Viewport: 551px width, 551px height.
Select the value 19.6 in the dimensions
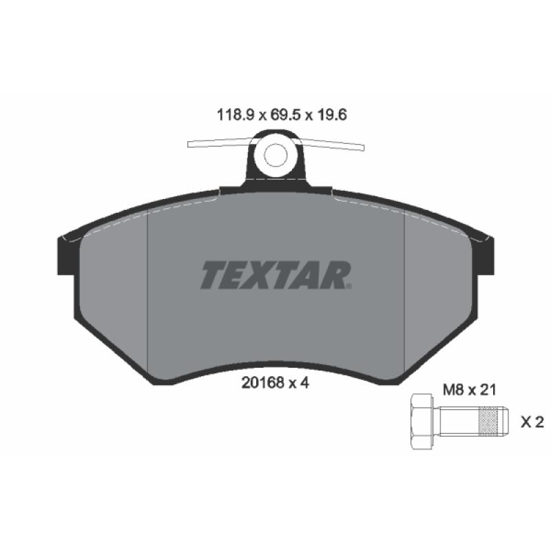(x=330, y=117)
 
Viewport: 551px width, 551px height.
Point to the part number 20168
(x=259, y=384)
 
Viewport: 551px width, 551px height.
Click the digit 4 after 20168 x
(x=302, y=384)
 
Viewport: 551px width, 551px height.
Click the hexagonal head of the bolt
(x=422, y=422)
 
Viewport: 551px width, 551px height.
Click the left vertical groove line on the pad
(x=149, y=289)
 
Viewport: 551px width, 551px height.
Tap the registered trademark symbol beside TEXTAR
(x=351, y=285)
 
